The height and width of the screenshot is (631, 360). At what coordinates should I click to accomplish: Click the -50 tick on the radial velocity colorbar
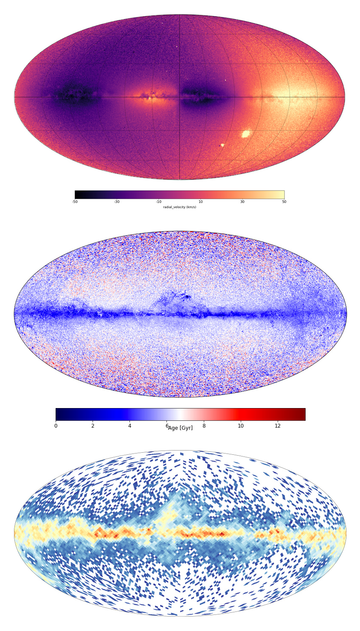point(75,202)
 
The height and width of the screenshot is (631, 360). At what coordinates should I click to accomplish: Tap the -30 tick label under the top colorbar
point(117,202)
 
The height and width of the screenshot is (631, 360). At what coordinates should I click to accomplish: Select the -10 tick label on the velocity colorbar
point(159,202)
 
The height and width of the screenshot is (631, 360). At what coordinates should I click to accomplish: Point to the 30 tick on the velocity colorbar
point(242,202)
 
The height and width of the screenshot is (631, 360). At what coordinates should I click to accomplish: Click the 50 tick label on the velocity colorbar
point(284,202)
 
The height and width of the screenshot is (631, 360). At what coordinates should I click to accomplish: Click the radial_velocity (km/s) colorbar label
point(180,207)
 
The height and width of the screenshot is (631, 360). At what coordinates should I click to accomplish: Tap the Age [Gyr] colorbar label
point(180,428)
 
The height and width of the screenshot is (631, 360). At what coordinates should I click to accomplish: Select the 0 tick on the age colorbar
point(56,425)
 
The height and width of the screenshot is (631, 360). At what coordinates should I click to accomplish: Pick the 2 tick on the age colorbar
point(93,425)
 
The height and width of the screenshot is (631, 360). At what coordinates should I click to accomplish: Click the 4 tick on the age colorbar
point(129,425)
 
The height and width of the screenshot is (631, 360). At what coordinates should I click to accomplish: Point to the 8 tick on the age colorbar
point(204,425)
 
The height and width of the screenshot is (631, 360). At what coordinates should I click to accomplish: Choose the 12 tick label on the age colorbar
point(278,425)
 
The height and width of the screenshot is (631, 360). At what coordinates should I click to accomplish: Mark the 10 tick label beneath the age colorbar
point(241,425)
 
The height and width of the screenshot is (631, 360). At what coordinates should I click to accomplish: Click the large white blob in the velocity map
point(245,134)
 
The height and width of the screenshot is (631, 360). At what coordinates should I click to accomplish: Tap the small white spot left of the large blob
point(222,145)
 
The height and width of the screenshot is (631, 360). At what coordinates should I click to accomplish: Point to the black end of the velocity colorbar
point(77,194)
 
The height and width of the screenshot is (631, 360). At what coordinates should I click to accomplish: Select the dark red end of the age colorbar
point(303,414)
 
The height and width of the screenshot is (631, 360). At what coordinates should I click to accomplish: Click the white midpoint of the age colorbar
point(180,414)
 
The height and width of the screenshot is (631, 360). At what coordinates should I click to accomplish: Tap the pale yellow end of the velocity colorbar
point(282,194)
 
